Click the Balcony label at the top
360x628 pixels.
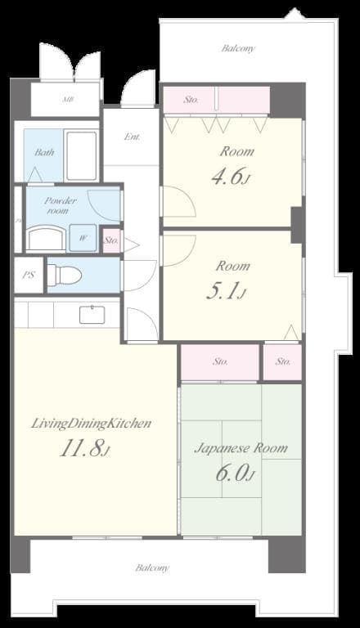click(238, 48)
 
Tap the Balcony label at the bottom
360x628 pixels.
click(152, 567)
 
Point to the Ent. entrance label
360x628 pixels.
click(131, 137)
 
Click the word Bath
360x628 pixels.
click(44, 152)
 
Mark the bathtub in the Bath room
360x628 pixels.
click(81, 155)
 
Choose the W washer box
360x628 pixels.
click(83, 238)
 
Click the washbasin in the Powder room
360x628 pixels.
click(46, 238)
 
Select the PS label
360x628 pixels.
click(29, 276)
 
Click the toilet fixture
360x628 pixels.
click(65, 276)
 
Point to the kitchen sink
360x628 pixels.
click(92, 314)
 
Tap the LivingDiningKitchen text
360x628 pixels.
click(92, 424)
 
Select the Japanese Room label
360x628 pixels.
click(241, 448)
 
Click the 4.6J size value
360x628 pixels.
click(230, 177)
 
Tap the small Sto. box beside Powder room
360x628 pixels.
click(111, 240)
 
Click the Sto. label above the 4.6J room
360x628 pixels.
click(191, 100)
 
